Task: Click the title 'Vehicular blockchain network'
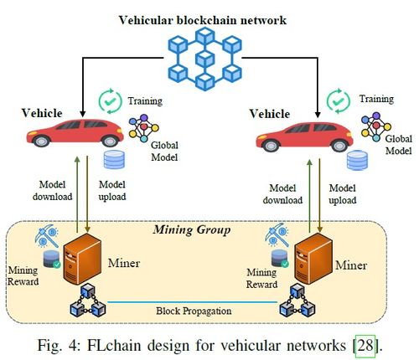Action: (x=203, y=20)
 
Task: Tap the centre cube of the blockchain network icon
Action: (x=204, y=59)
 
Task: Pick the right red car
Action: (x=304, y=136)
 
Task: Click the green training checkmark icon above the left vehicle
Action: (x=111, y=101)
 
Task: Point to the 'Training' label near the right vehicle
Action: (x=376, y=99)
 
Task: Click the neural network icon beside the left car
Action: (x=143, y=128)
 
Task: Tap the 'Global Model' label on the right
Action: (x=399, y=145)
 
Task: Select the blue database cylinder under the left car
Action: (x=114, y=160)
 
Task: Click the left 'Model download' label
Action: (x=53, y=191)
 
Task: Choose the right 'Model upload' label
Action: (x=343, y=194)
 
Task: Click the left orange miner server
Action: (x=82, y=260)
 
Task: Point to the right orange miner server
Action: (x=313, y=259)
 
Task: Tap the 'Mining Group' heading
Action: (x=192, y=229)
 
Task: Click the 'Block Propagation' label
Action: (x=194, y=311)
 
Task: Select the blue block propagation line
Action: (x=193, y=302)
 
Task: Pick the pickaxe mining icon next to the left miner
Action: (x=47, y=236)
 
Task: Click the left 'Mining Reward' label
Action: (x=23, y=276)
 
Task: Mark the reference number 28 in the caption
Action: (x=365, y=346)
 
